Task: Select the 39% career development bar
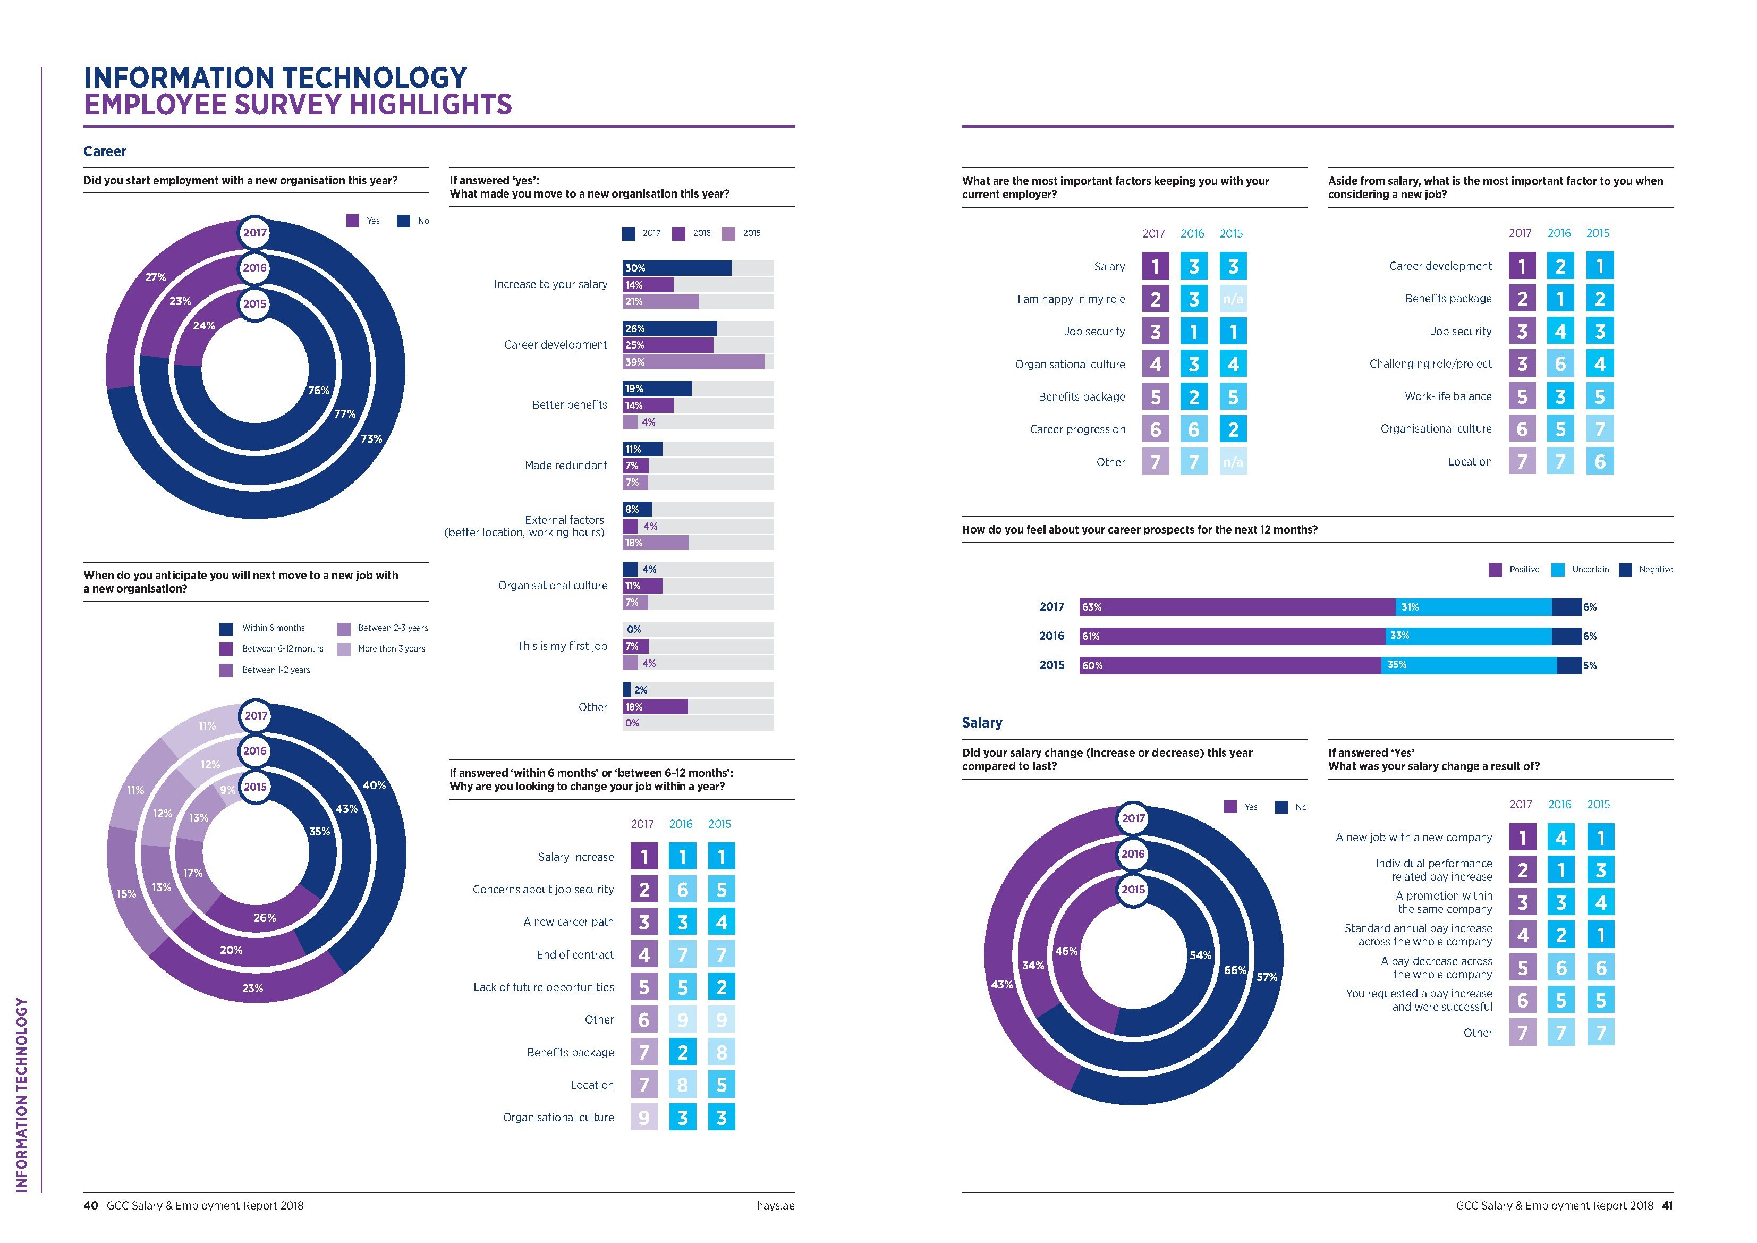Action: point(693,362)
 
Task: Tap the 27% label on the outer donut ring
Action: point(155,277)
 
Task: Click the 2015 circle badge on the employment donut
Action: point(255,304)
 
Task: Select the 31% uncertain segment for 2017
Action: point(1473,607)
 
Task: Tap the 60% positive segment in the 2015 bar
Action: point(1230,665)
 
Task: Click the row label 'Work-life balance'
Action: point(1448,396)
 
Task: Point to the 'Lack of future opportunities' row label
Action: point(544,987)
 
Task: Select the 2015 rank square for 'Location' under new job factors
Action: point(1599,461)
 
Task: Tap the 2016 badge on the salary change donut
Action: point(1133,854)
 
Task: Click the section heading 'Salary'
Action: point(982,723)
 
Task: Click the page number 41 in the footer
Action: point(1667,1205)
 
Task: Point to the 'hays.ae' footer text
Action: point(775,1205)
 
